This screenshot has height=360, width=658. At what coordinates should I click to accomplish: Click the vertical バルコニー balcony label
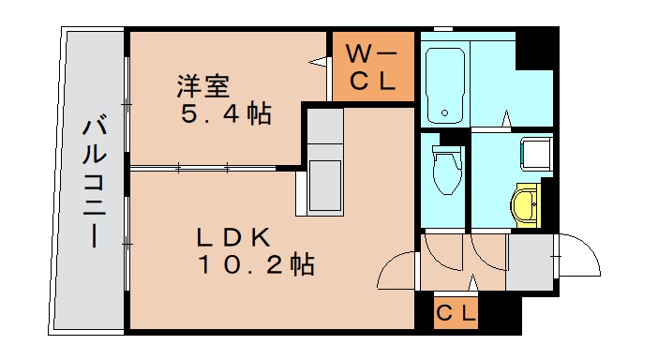(x=93, y=182)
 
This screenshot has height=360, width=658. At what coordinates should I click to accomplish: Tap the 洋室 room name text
(x=204, y=88)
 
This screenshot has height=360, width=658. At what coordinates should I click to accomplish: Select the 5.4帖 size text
(x=225, y=114)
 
